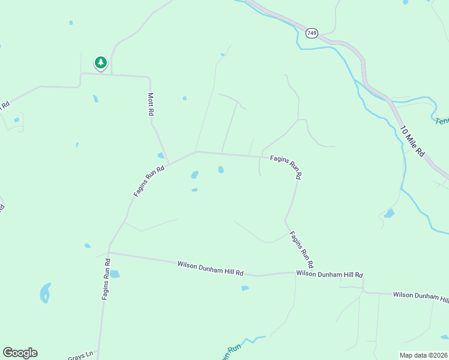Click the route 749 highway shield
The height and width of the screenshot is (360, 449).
(x=312, y=33)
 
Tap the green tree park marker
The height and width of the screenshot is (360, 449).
(x=100, y=62)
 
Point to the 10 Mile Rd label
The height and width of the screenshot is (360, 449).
(x=412, y=142)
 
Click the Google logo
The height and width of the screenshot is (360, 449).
(x=20, y=353)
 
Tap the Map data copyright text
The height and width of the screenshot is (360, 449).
(x=423, y=355)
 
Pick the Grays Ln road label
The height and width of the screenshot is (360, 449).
(x=80, y=355)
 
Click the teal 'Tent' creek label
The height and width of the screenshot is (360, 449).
(x=442, y=121)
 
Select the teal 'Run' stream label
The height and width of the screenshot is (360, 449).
(x=231, y=349)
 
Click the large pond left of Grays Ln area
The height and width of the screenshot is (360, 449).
(x=45, y=293)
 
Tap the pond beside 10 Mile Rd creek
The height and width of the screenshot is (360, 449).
(x=389, y=213)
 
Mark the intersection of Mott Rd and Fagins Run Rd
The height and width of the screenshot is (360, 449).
(x=168, y=163)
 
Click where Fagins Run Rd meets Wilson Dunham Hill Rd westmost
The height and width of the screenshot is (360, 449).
(x=109, y=253)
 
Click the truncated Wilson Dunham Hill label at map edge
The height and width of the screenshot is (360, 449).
(x=420, y=296)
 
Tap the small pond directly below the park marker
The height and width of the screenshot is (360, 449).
(x=95, y=99)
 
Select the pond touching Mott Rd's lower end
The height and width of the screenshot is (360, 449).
(x=161, y=155)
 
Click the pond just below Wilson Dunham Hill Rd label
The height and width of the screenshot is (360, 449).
(x=245, y=289)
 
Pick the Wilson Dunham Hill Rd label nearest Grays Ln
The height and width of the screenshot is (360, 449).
(x=210, y=268)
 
